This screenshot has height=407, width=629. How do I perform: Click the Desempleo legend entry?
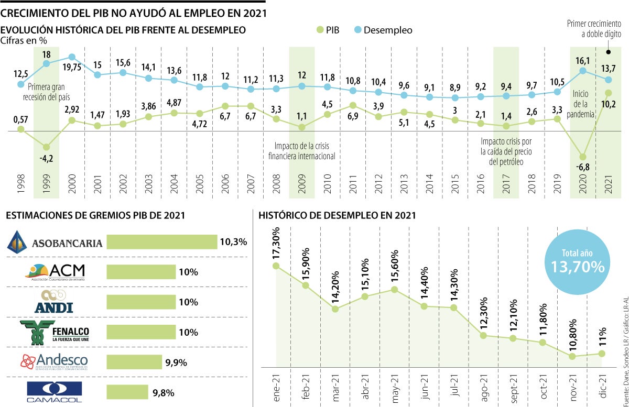coord(381,30)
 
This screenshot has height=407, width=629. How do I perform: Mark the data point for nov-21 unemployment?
coord(572,356)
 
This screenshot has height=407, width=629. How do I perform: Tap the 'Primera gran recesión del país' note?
coord(49,92)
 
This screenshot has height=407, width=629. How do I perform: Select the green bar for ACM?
coord(141,272)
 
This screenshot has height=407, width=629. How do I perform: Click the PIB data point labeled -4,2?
coord(46,147)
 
